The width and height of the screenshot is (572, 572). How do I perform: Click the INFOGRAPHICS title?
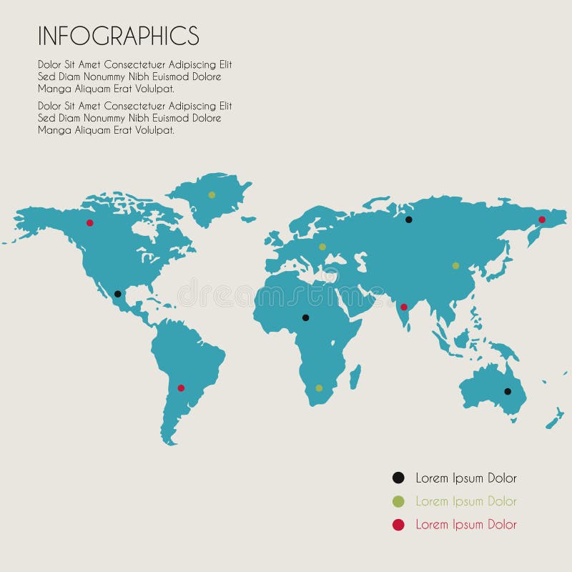(118, 36)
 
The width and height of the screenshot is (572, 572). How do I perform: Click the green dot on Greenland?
(212, 194)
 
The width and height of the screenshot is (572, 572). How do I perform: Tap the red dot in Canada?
(90, 222)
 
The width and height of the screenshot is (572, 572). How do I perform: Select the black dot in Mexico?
(117, 294)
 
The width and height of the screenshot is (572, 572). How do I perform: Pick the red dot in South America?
(181, 388)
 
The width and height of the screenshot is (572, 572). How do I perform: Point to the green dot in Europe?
(322, 247)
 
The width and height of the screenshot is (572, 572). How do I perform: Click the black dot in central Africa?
(305, 317)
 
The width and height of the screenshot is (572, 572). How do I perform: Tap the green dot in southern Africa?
(319, 388)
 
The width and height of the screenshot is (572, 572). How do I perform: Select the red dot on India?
(403, 307)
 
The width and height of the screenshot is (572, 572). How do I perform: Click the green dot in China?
(455, 265)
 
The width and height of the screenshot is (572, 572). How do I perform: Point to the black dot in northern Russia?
(409, 220)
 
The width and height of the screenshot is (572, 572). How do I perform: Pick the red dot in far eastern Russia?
(541, 220)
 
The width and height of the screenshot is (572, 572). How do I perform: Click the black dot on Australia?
(507, 391)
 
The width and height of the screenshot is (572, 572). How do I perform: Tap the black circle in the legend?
(398, 478)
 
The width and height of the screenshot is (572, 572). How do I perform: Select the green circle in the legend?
(398, 501)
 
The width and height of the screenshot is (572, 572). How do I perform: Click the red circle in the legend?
(398, 525)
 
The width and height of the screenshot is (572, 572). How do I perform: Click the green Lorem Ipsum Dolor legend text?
(465, 501)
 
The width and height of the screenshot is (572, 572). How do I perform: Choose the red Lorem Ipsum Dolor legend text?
(465, 525)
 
